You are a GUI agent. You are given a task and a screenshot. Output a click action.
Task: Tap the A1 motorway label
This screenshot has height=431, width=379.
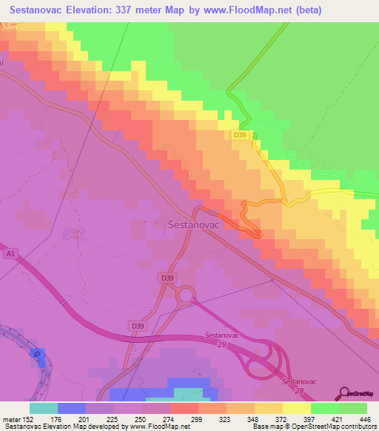pos(10,253)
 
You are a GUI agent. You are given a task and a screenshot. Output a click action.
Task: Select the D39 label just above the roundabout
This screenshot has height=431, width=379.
pos(168,278)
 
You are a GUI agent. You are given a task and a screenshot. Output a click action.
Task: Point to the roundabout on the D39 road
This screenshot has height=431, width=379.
pos(185,296)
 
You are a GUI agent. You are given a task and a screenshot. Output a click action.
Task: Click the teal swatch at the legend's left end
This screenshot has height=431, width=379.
pos(44,408)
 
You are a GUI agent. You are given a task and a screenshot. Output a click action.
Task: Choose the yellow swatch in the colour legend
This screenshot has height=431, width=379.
pos(296,408)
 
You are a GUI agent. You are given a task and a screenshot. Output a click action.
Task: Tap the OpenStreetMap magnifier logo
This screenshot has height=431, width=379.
pos(344,393)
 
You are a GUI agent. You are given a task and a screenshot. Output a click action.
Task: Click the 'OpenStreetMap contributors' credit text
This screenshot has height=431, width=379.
pos(340,427)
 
